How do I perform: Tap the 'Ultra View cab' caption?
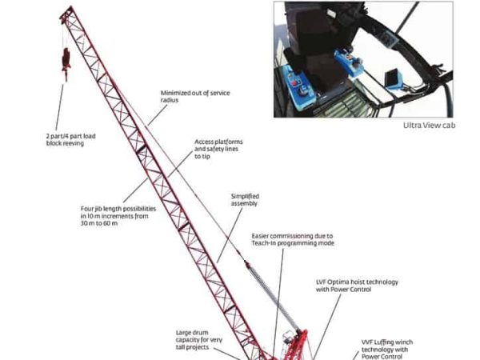[x=429, y=126]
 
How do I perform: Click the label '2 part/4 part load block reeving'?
[x=70, y=139]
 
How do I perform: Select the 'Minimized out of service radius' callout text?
[x=195, y=97]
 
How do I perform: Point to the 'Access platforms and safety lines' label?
[x=218, y=149]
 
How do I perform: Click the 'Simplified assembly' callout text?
[x=245, y=200]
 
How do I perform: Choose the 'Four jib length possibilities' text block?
[x=118, y=216]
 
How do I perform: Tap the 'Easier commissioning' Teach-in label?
[x=293, y=240]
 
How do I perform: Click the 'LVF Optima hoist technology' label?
[x=357, y=286]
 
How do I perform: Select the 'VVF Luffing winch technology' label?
[x=387, y=350]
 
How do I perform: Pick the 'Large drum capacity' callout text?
[x=199, y=340]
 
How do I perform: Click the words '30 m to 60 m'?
[x=99, y=223]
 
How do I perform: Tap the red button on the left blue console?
[x=295, y=83]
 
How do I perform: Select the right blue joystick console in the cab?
[x=349, y=62]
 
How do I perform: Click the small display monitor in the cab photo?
[x=393, y=79]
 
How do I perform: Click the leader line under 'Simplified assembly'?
[x=230, y=235]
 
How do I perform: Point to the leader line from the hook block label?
[x=60, y=107]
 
